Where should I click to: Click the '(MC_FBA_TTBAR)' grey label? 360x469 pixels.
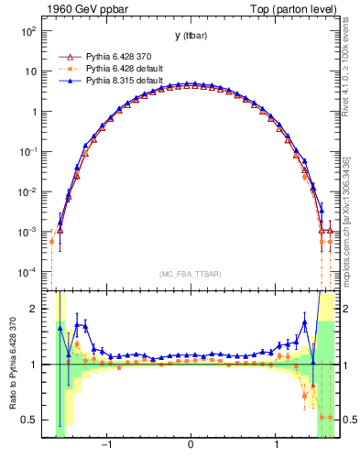click(190, 274)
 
